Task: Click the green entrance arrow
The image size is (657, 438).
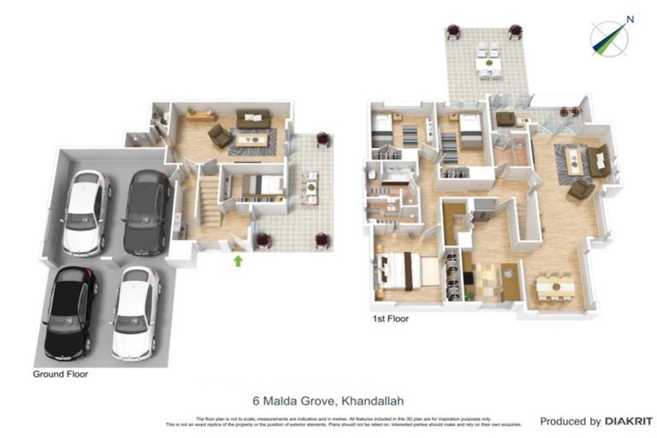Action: [238, 259]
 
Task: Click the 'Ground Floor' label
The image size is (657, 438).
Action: [60, 374]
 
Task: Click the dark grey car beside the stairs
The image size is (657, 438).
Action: [146, 211]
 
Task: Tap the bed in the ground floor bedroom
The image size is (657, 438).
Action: [260, 186]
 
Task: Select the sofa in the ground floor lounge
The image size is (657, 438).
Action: [253, 119]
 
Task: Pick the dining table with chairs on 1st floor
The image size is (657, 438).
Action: [554, 286]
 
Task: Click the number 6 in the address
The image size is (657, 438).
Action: [256, 400]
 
